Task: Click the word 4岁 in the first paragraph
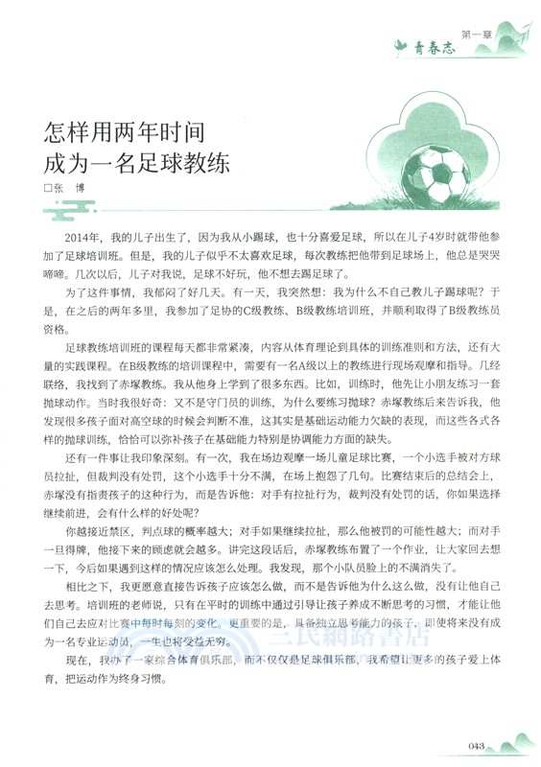coord(404,236)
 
